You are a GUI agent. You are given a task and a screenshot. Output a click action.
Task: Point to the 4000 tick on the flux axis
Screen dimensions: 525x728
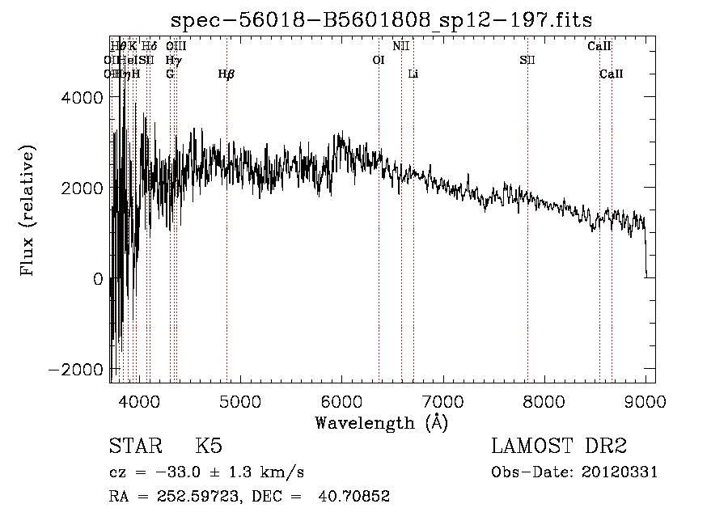83,97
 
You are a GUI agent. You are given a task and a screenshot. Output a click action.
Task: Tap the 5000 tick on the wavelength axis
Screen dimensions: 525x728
239,400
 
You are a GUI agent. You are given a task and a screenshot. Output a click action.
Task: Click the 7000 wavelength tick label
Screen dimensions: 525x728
442,400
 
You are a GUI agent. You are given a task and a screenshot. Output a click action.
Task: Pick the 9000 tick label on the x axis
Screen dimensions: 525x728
645,400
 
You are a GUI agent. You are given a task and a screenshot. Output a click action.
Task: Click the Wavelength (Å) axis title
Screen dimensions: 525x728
381,423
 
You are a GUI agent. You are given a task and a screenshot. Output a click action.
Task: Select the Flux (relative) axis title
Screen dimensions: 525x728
28,210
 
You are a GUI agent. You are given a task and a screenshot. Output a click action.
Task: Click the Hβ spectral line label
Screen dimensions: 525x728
226,74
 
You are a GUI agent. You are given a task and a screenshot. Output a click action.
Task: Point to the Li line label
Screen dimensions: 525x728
413,74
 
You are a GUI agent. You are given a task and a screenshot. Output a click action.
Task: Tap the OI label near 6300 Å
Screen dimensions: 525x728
378,60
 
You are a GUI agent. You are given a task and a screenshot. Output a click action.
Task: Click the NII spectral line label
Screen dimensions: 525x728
401,46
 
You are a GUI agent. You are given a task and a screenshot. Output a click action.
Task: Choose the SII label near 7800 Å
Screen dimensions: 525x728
527,60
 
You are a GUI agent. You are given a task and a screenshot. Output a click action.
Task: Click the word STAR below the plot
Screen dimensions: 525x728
134,447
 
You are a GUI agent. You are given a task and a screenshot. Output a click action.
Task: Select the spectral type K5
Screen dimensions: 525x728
209,447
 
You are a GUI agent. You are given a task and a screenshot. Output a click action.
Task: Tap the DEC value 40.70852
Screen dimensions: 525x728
358,497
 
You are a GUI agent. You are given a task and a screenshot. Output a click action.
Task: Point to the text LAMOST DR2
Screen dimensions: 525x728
559,447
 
